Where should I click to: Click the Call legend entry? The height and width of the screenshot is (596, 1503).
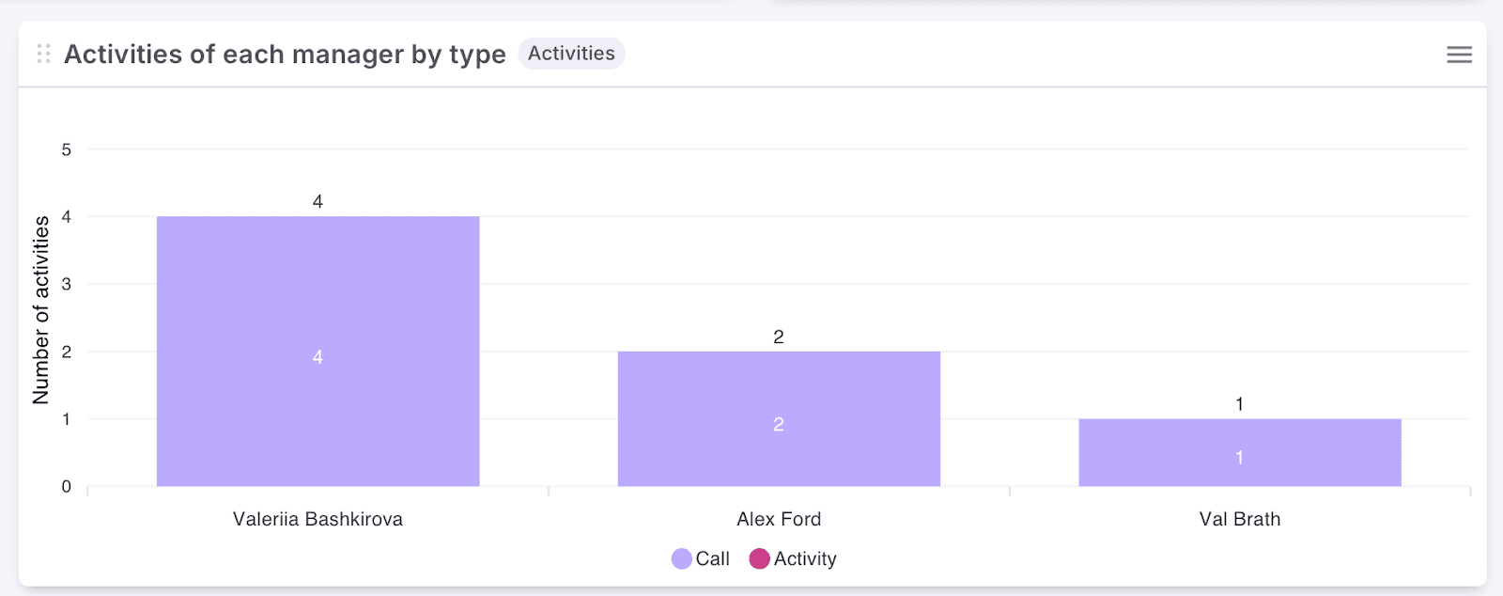pos(702,558)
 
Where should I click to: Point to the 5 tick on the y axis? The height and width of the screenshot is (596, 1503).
pos(67,149)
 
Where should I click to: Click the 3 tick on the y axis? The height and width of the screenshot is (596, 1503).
pos(67,284)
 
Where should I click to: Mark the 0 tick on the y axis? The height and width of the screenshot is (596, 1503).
pos(67,486)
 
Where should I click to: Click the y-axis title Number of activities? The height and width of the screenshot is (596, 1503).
pos(40,310)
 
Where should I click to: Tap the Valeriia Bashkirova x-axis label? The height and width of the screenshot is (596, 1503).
pos(318,519)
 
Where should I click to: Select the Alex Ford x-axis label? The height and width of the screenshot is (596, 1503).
pos(779,519)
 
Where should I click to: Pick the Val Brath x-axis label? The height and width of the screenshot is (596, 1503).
pos(1239,519)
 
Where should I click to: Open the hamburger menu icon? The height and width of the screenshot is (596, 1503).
pos(1459,55)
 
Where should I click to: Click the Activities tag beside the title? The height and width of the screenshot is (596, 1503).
pos(571,54)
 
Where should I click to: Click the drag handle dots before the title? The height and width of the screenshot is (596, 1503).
pos(43,54)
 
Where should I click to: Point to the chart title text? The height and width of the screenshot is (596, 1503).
pos(285,55)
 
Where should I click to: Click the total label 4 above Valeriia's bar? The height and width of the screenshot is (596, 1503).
pos(318,201)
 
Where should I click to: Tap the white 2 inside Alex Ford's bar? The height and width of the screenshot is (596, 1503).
pos(779,424)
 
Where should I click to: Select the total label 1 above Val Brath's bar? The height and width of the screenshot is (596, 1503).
pos(1239,404)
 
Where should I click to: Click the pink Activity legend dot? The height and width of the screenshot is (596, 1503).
pos(759,558)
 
